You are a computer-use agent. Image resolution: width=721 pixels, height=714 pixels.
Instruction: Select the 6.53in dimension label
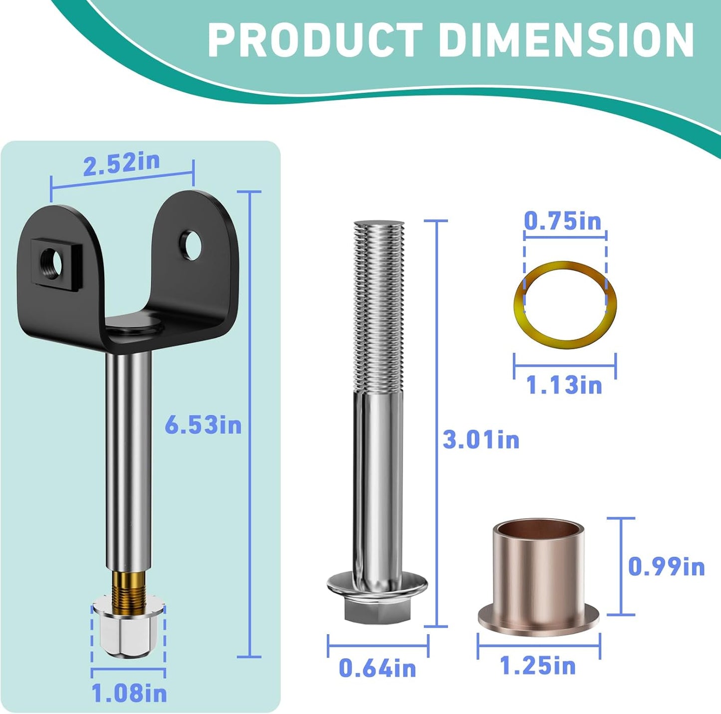point(203,426)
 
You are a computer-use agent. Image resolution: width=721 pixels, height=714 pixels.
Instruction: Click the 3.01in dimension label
point(481,440)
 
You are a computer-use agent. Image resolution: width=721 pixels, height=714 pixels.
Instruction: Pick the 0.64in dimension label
point(378,668)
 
